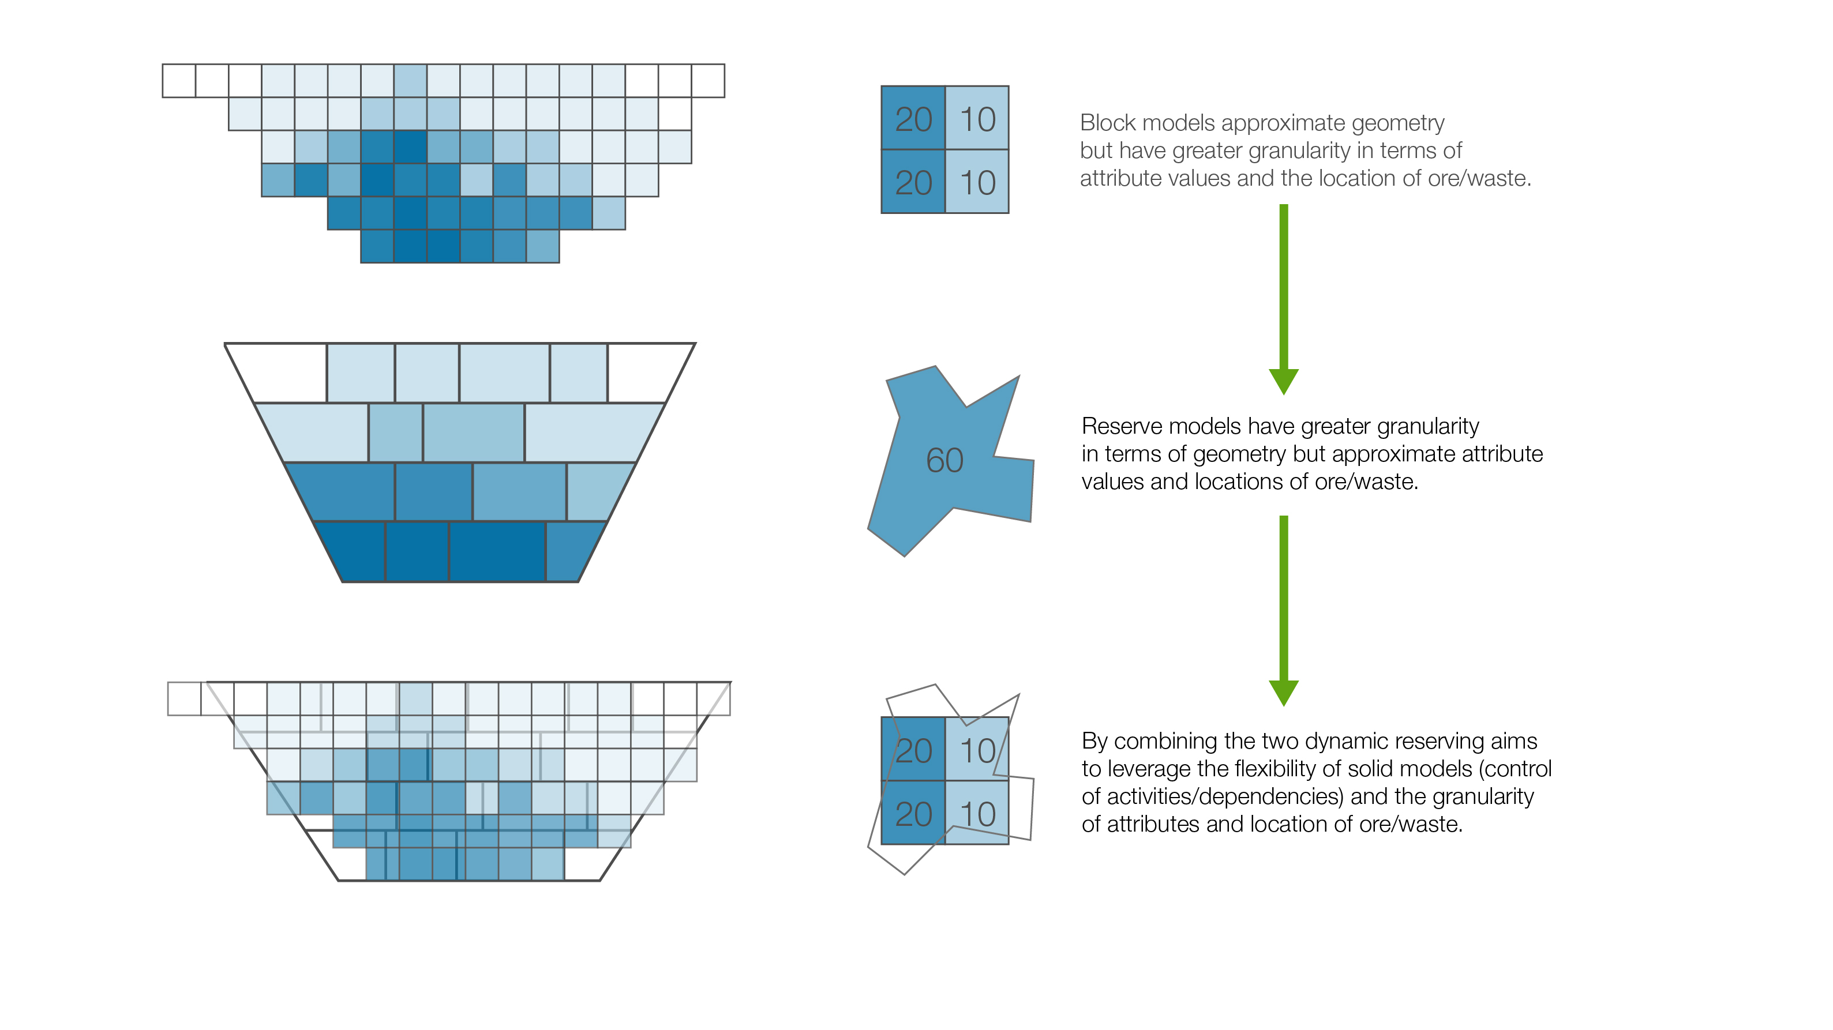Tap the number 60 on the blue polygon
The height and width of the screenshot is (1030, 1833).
945,460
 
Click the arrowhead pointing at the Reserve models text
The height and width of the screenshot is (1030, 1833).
1284,382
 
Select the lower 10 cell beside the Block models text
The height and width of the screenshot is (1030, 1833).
977,182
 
